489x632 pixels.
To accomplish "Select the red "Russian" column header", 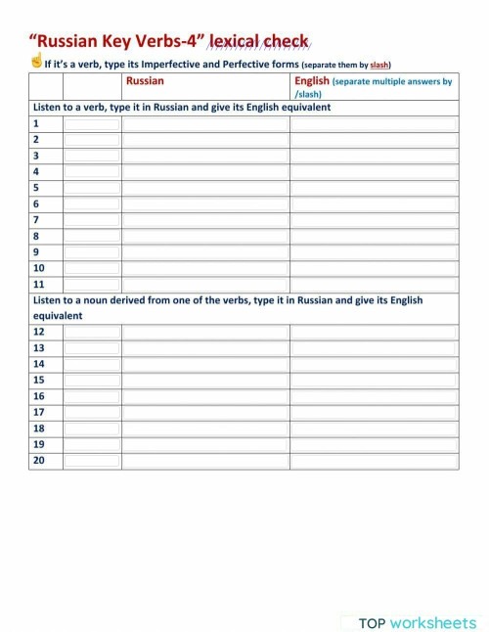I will pyautogui.click(x=145, y=81).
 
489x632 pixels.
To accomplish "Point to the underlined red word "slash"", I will pyautogui.click(x=379, y=65).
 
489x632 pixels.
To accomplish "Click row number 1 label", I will pyautogui.click(x=36, y=124).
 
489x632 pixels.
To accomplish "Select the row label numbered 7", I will pyautogui.click(x=36, y=220).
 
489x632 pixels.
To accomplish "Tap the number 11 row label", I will pyautogui.click(x=39, y=284).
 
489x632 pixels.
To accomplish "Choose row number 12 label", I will pyautogui.click(x=39, y=332).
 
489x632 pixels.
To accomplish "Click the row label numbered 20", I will pyautogui.click(x=39, y=460).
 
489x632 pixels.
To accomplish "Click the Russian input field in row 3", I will pyautogui.click(x=205, y=156).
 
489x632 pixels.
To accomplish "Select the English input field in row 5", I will pyautogui.click(x=373, y=188).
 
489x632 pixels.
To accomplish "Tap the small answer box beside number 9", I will pyautogui.click(x=92, y=251).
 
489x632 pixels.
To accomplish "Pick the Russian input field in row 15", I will pyautogui.click(x=205, y=380).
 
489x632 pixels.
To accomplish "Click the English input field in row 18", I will pyautogui.click(x=373, y=428).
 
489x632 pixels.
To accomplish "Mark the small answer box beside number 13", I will pyautogui.click(x=92, y=347).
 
